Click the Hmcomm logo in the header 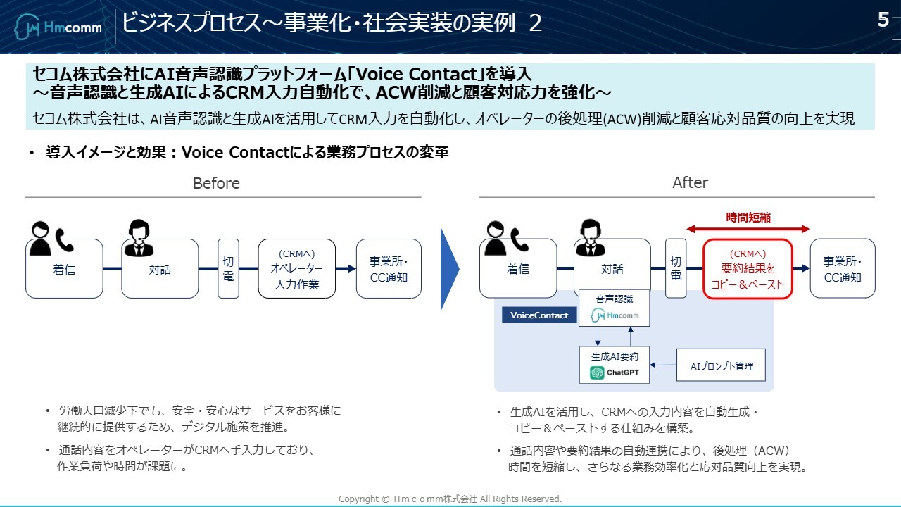tap(59, 27)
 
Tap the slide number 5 tap(883, 20)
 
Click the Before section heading tap(216, 183)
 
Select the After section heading tap(690, 182)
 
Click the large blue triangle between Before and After tap(449, 268)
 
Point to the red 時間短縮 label tap(748, 218)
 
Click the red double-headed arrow tap(748, 229)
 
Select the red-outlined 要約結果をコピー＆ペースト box tap(748, 269)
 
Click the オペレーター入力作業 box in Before tap(296, 268)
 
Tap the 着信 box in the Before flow tap(64, 269)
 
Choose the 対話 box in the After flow tap(612, 269)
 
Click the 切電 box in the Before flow tap(228, 268)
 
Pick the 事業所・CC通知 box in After tap(842, 268)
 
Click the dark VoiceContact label tap(539, 315)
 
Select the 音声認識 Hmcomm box tap(614, 308)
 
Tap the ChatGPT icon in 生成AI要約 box tap(598, 373)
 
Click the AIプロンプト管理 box tap(721, 365)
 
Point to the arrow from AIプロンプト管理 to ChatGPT tap(663, 365)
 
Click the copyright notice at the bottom tap(450, 499)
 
